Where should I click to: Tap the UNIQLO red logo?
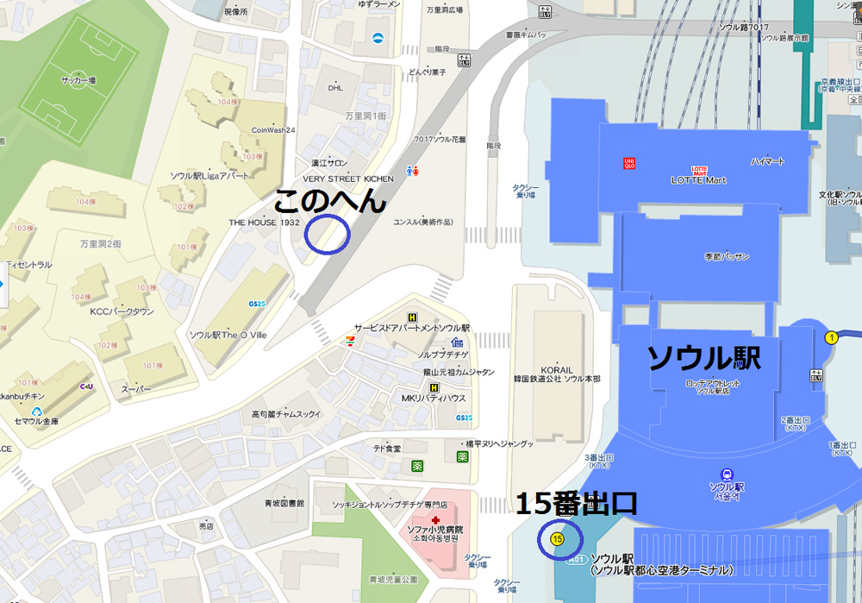(629, 162)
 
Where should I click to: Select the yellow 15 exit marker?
(557, 539)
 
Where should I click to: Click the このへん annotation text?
(329, 202)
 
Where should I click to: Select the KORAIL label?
(557, 370)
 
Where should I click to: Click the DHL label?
(335, 87)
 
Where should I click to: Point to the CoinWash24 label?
(273, 130)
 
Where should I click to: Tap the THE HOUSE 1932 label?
(264, 222)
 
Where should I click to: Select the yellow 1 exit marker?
(832, 337)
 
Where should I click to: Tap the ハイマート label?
(767, 161)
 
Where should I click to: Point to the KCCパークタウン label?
(122, 311)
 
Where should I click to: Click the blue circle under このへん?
(328, 234)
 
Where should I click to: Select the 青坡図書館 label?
(284, 502)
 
